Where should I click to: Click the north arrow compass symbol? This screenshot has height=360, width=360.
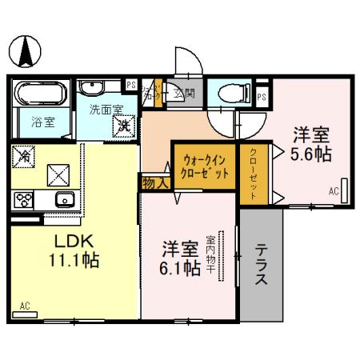click(27, 52)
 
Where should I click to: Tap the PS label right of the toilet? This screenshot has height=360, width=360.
click(262, 96)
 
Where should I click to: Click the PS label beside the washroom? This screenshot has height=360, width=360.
click(131, 86)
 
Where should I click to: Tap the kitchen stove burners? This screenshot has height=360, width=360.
click(22, 199)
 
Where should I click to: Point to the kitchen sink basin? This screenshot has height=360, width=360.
click(62, 199)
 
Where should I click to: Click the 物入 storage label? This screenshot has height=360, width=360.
click(155, 183)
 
